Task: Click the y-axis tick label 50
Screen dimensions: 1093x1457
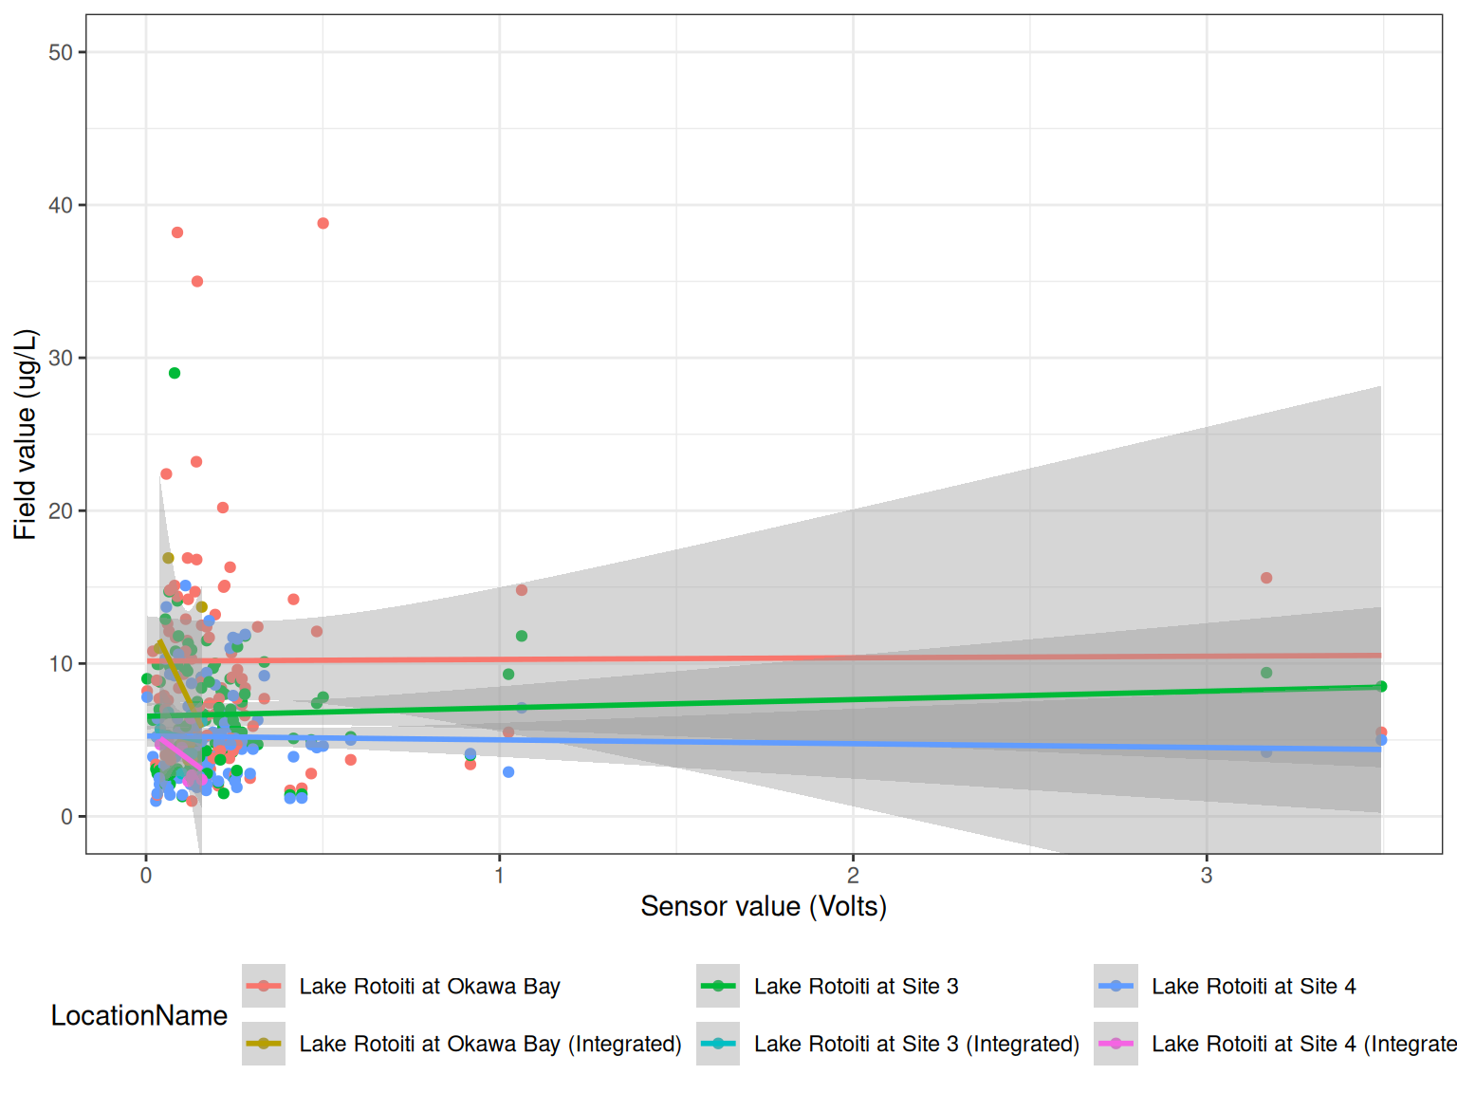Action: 61,52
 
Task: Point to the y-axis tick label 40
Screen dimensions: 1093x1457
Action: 61,205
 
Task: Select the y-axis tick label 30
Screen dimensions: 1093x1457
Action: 61,358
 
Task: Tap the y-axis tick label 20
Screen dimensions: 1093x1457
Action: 61,510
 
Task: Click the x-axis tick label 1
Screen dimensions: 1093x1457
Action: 499,876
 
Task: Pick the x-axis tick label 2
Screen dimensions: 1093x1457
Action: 853,876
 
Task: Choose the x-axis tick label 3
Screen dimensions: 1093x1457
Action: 1206,876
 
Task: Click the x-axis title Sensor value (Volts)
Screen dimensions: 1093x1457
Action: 764,907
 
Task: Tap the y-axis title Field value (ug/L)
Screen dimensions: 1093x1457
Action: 26,435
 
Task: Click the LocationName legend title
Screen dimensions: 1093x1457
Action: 138,1016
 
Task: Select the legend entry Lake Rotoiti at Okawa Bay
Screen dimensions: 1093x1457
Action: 429,987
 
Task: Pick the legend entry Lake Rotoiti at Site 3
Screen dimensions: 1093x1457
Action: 856,987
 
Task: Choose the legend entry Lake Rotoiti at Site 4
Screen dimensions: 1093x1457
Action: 1253,987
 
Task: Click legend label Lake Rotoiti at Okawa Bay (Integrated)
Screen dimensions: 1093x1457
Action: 489,1045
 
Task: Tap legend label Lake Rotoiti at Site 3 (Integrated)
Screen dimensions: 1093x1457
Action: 916,1045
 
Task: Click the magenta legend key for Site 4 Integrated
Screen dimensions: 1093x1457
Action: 1116,1044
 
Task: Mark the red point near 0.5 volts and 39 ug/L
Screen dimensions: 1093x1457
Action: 323,224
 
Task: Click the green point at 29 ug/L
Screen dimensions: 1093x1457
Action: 175,373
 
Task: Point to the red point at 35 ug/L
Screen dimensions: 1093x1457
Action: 197,282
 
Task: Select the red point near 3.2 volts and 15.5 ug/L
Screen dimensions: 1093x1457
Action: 1266,578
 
